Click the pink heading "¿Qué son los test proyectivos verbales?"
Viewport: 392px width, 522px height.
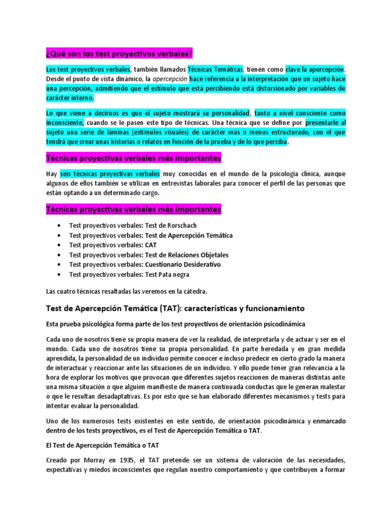pos(119,54)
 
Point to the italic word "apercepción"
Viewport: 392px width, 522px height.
pos(170,79)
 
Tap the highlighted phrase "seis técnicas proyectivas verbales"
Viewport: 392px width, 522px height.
pos(110,174)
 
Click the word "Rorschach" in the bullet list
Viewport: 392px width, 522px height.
pos(178,225)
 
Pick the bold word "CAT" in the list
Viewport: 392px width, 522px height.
pos(151,245)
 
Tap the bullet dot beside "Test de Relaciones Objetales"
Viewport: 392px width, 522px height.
pos(61,255)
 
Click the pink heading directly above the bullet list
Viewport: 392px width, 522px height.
pos(133,210)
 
